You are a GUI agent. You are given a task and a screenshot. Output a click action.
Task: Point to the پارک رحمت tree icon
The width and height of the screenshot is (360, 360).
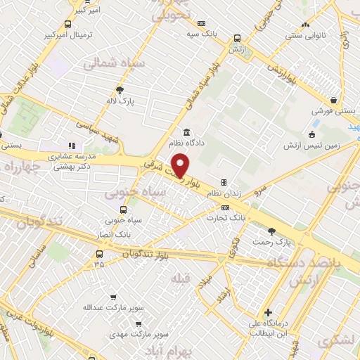coord(273,231)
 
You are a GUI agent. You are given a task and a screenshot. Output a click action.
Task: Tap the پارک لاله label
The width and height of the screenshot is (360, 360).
coord(121,101)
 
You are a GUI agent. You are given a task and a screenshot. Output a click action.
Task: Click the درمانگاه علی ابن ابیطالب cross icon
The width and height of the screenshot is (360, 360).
coord(268,312)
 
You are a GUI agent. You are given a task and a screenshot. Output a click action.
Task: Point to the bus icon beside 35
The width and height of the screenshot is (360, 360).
coord(99,255)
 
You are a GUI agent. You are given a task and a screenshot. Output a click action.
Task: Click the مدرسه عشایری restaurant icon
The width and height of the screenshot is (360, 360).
coord(71,145)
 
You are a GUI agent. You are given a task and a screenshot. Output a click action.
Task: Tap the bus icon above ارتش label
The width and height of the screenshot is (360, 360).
coord(237,39)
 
